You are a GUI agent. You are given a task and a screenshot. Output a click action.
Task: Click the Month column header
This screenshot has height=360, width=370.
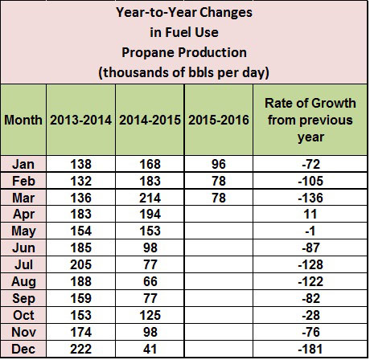[23, 120]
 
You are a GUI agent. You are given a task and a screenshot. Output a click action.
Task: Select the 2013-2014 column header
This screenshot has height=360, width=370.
[80, 120]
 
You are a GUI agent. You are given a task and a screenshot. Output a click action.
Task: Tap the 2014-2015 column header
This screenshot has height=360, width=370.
[150, 120]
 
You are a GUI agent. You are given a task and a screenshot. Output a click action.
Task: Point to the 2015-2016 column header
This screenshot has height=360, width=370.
[219, 120]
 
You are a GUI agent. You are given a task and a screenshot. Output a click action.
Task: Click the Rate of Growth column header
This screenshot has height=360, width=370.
[310, 120]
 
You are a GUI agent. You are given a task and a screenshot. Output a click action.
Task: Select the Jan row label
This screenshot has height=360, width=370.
[23, 164]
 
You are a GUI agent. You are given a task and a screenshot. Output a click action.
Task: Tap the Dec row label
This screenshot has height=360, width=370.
[23, 349]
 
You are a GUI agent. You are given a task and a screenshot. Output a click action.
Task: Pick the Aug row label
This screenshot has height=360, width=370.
[23, 282]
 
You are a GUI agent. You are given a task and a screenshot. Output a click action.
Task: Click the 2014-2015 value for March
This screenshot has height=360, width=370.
[150, 198]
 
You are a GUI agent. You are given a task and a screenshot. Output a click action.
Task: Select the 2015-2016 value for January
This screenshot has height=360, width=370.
[219, 164]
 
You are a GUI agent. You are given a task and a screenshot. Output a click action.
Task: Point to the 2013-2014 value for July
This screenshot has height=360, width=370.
[80, 264]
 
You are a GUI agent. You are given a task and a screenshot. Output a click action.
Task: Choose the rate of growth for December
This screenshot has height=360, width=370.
[310, 349]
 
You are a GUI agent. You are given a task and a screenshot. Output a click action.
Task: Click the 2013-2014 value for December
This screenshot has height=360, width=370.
[80, 349]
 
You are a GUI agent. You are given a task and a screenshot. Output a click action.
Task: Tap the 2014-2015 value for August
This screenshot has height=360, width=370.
[150, 281]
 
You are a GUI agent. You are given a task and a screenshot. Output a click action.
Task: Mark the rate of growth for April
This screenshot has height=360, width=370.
[310, 215]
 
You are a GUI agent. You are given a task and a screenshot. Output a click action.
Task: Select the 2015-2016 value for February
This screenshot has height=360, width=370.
[219, 181]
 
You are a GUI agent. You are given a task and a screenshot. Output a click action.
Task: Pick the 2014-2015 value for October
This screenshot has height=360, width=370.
[150, 315]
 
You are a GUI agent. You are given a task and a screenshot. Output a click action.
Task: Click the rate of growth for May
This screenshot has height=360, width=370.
[310, 231]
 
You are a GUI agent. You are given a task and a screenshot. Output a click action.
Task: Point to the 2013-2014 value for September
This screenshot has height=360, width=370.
[80, 298]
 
